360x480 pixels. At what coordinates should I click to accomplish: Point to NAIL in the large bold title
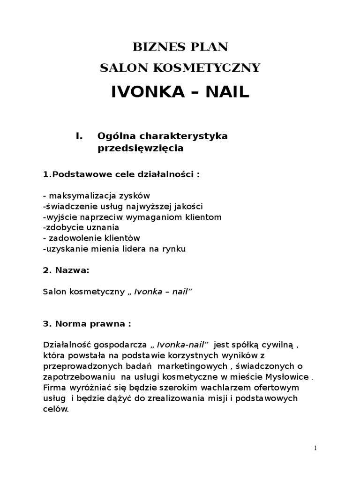(225, 92)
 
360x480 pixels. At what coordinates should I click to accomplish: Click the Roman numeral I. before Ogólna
(79, 136)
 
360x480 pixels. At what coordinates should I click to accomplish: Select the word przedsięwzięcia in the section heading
(141, 149)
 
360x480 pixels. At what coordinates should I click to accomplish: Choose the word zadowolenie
(78, 238)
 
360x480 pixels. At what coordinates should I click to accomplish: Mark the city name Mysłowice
(287, 377)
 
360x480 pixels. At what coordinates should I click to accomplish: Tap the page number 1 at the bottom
(315, 448)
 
